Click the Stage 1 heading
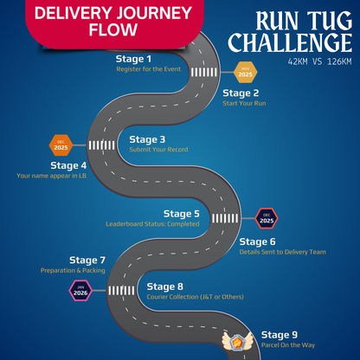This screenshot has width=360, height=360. [133, 59]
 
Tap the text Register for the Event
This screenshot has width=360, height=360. [149, 69]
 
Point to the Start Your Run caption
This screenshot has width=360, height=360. [245, 103]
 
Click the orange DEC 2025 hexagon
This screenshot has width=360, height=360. [61, 145]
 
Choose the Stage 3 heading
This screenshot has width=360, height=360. [147, 139]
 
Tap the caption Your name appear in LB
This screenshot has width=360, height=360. [51, 176]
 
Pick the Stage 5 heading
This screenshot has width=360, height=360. [182, 213]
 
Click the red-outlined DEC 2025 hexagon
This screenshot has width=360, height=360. [267, 218]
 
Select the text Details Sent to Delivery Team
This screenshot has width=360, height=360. [283, 252]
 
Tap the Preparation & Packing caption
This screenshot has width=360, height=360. [73, 270]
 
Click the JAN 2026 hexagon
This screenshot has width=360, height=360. [80, 290]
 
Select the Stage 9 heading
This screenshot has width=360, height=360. [280, 335]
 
